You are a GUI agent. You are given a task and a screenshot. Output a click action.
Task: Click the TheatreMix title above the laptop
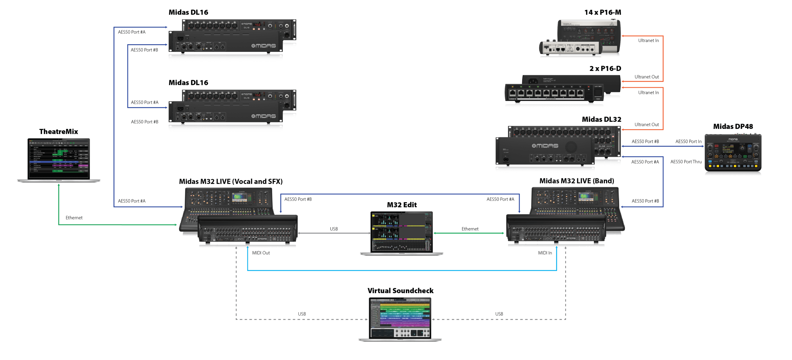(58, 132)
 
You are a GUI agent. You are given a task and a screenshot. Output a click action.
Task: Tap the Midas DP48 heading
(733, 126)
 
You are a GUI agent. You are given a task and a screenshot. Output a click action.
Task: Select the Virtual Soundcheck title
(400, 291)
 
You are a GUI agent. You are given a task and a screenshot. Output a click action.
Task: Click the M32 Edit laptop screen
(402, 232)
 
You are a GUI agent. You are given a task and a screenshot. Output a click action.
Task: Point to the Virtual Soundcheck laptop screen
(400, 318)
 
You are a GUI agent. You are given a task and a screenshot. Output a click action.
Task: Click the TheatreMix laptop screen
(59, 159)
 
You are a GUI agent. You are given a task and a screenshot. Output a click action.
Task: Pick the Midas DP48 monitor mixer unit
(733, 153)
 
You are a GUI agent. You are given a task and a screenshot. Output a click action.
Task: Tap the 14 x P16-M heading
(602, 12)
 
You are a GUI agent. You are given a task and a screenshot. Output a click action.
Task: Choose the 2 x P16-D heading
(605, 68)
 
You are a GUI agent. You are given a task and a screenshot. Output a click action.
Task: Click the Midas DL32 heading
(601, 119)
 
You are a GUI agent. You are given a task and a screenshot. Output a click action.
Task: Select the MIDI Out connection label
(261, 253)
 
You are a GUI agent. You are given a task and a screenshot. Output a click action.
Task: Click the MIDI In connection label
(545, 253)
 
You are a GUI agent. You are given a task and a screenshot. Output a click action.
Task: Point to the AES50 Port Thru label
(685, 162)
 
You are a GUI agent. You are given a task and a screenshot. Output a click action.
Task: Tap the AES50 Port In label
(688, 141)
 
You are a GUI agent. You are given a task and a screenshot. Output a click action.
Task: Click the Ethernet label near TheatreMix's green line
(74, 218)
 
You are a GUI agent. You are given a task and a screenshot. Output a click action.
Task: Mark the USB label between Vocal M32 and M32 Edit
(334, 229)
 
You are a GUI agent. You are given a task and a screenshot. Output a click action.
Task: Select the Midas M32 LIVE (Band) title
(577, 181)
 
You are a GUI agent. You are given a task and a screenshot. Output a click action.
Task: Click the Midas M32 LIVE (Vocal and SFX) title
(231, 181)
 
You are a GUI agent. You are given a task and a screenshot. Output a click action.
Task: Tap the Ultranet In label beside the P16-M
(648, 40)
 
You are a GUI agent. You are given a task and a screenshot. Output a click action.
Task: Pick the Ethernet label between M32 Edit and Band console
(470, 229)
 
